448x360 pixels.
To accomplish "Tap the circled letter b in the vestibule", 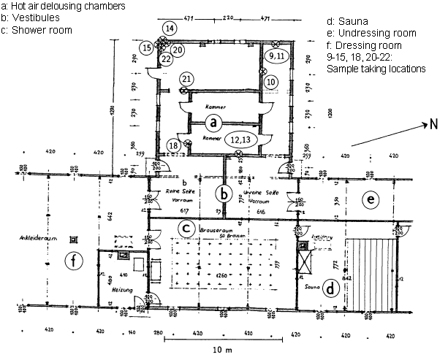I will click(x=224, y=195).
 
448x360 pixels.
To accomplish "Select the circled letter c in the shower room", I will click(x=186, y=226).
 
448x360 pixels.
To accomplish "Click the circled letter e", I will click(x=371, y=198).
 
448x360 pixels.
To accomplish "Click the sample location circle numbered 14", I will click(x=169, y=28).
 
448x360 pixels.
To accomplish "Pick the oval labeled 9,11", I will click(x=278, y=56).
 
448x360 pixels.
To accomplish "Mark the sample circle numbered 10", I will click(x=271, y=82).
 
